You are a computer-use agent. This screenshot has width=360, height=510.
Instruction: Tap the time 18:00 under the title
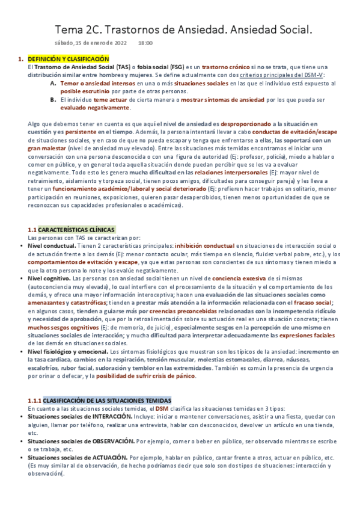pos(145,43)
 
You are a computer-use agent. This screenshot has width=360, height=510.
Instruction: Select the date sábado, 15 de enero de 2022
pos(91,43)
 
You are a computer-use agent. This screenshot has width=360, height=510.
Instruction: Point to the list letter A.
pos(53,83)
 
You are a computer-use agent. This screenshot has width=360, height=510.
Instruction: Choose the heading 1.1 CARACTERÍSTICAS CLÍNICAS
pos(71,230)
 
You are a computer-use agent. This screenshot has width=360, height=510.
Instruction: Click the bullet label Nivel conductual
pos(54,246)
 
